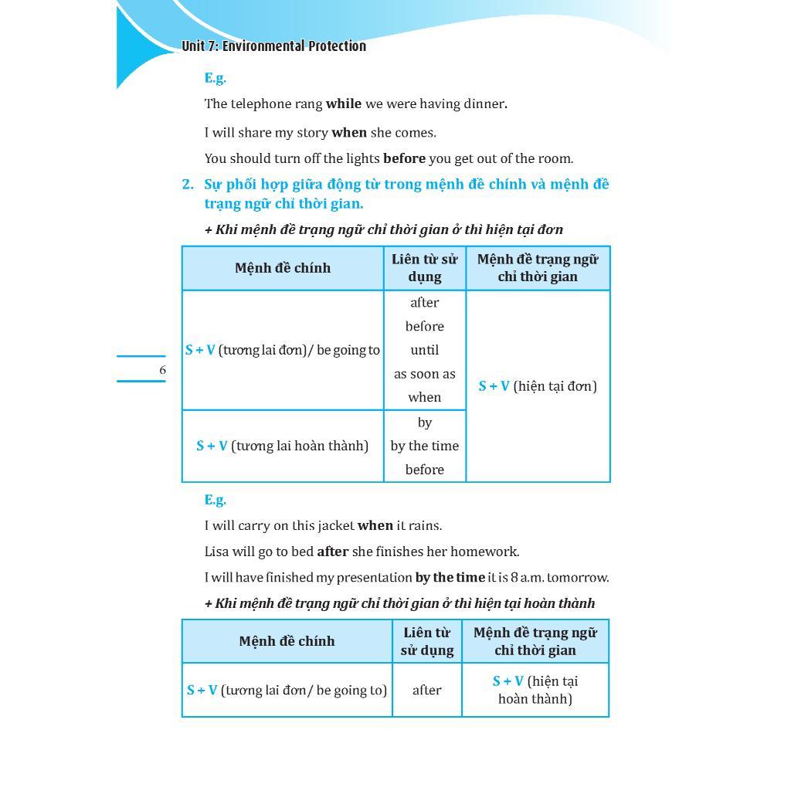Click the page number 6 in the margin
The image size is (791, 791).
tap(162, 370)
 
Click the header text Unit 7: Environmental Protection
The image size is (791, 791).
tap(273, 46)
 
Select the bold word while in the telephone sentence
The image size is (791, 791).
tap(343, 104)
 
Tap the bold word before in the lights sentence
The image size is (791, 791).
tap(404, 158)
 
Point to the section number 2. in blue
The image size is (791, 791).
tap(188, 185)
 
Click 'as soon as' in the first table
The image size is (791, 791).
tap(424, 374)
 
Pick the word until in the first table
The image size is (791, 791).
tap(424, 350)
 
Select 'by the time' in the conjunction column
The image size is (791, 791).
tap(424, 446)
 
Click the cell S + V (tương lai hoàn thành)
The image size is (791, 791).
tap(282, 446)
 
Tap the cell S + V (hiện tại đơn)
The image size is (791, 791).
tap(538, 386)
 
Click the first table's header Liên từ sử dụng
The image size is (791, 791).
tap(424, 268)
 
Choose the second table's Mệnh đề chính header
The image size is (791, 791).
tap(287, 641)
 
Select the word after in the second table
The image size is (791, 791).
tap(426, 690)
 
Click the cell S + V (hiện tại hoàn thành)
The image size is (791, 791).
tap(535, 690)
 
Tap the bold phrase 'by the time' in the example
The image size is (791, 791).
tap(450, 577)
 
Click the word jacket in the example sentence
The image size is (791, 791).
tap(333, 525)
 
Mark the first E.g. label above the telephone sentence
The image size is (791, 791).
tap(215, 77)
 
